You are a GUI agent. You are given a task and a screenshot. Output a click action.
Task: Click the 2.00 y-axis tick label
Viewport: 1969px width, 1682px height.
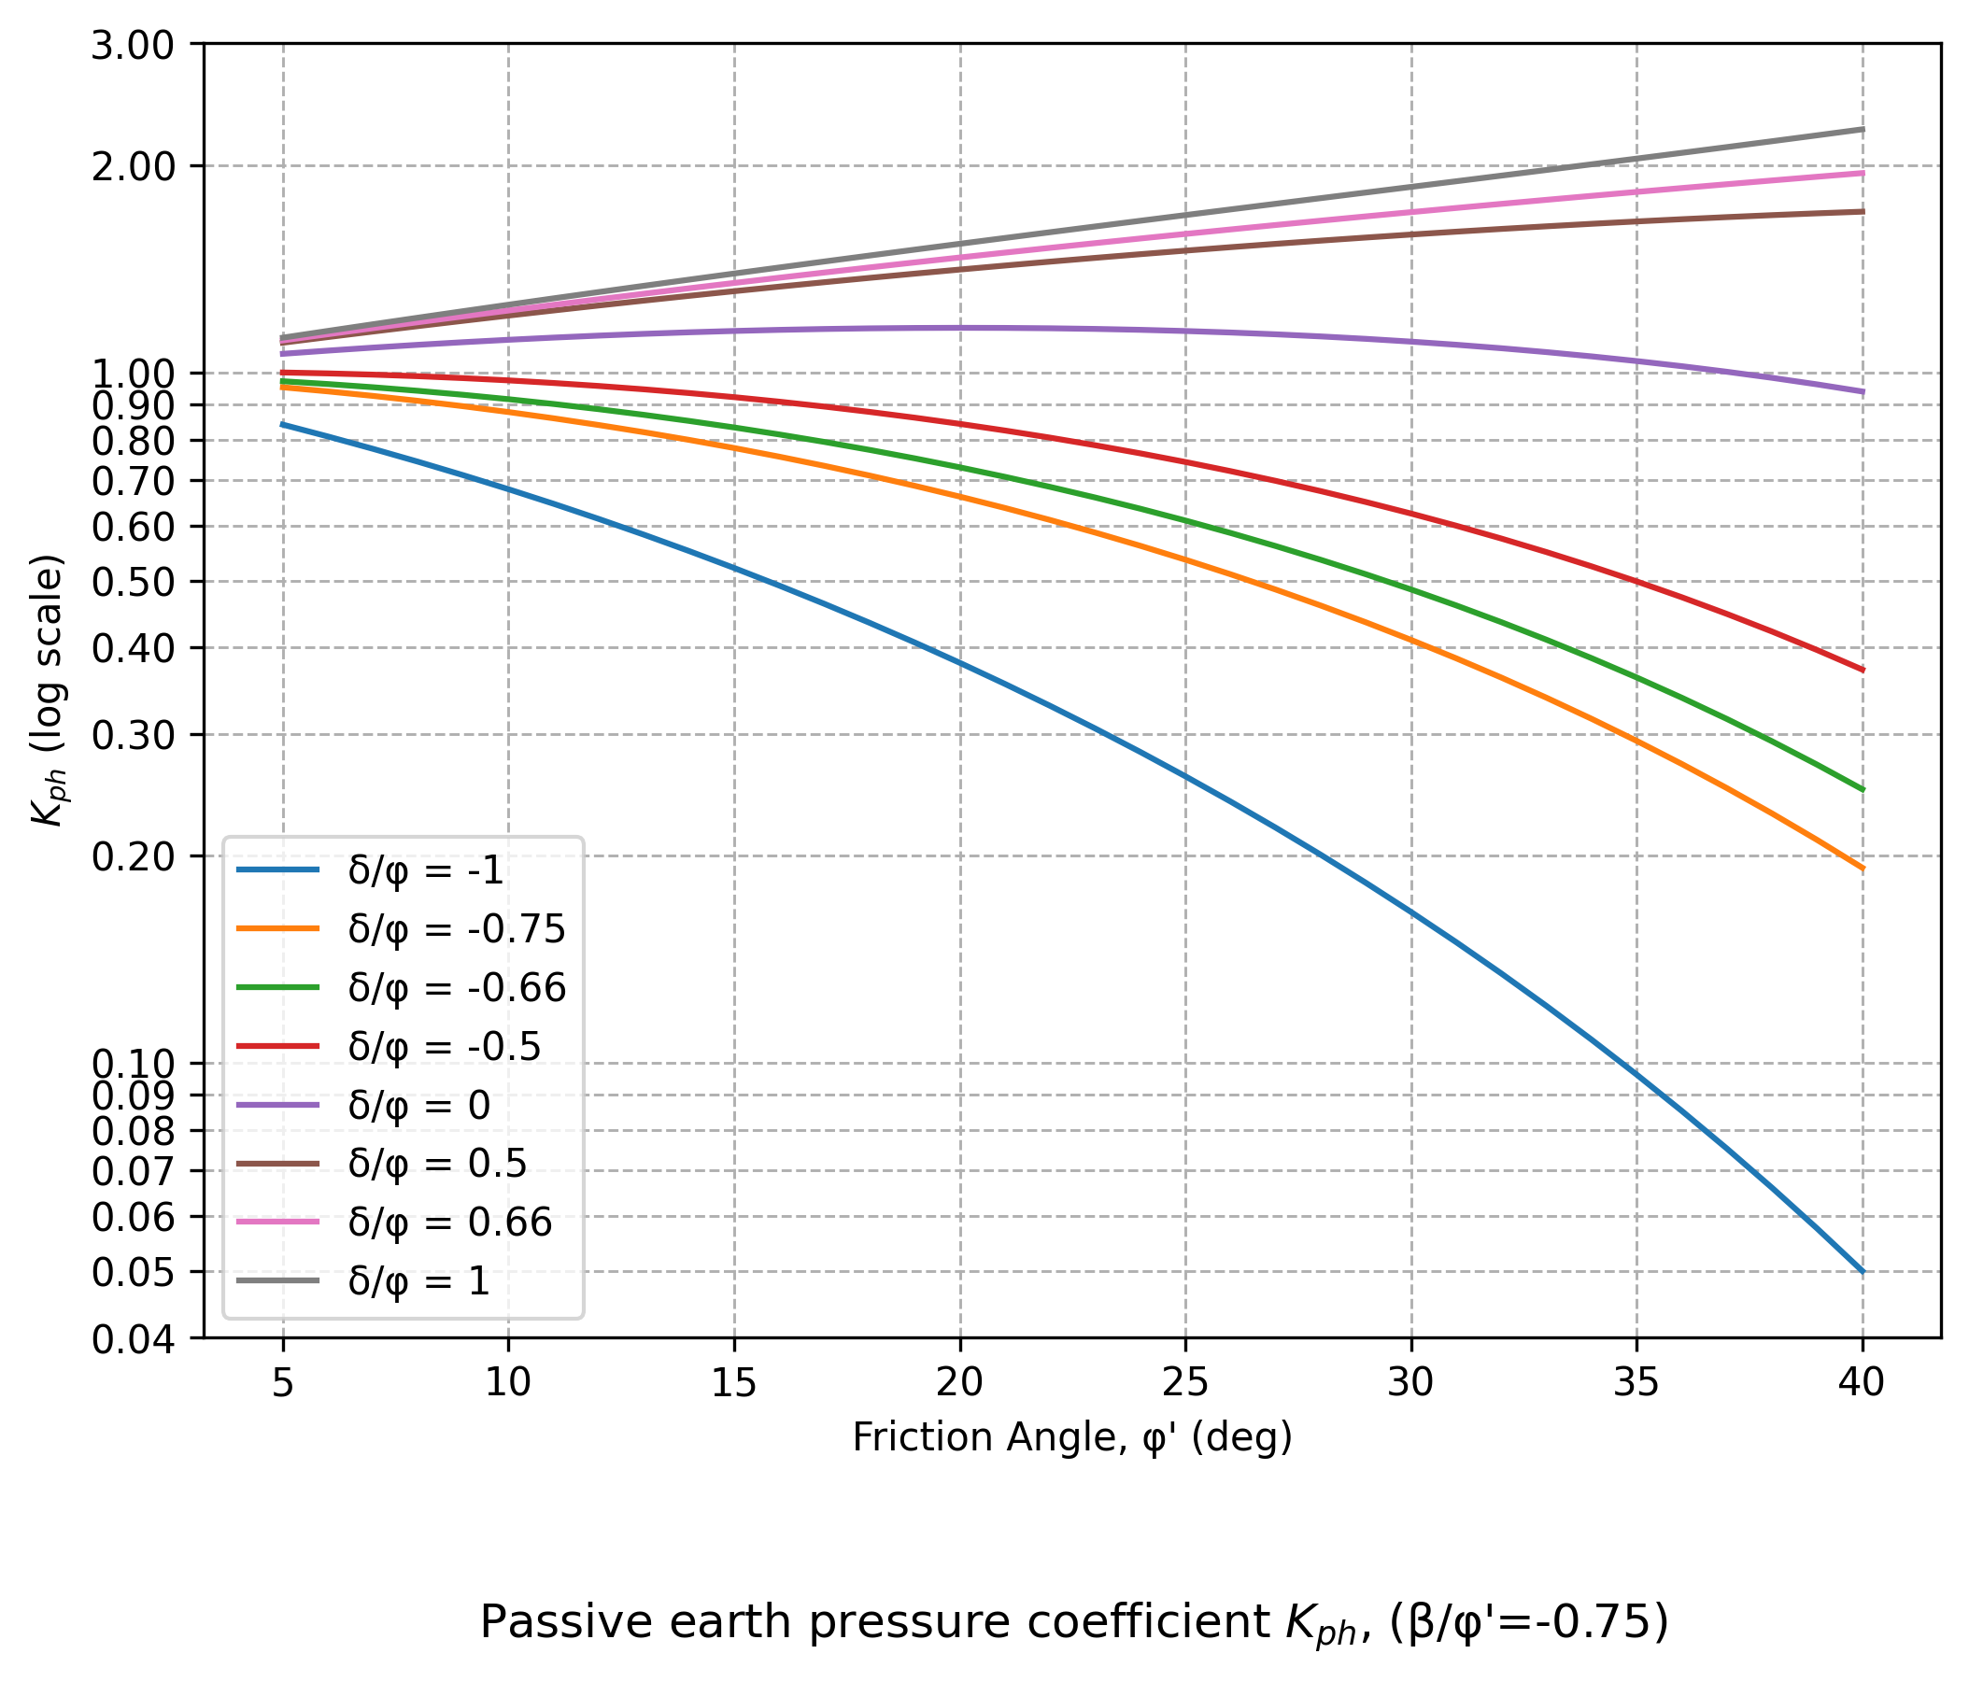[x=132, y=167]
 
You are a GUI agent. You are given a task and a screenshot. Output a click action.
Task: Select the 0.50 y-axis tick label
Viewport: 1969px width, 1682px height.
[x=132, y=583]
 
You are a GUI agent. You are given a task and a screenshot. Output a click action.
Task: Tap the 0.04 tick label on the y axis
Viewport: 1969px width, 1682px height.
[x=132, y=1340]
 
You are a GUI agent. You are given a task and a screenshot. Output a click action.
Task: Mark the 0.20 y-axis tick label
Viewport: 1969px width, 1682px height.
[x=132, y=857]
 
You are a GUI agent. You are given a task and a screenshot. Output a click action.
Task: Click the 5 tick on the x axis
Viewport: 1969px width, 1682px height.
[x=282, y=1382]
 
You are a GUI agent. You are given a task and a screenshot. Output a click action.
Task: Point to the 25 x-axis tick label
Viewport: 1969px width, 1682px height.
[x=1185, y=1382]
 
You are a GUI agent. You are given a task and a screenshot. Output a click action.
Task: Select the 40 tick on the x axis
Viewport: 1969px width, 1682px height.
[x=1862, y=1382]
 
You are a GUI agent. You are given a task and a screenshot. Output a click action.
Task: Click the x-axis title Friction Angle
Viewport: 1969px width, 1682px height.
[x=1072, y=1437]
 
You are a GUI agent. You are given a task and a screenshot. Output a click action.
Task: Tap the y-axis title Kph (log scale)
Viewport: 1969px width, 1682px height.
[x=48, y=690]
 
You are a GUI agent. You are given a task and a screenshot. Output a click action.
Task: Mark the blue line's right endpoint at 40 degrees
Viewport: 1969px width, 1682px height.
[x=1862, y=1271]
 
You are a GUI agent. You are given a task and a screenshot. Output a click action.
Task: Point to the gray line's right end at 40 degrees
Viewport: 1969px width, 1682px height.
[x=1862, y=129]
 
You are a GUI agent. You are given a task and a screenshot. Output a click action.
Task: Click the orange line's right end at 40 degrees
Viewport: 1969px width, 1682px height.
[x=1862, y=868]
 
